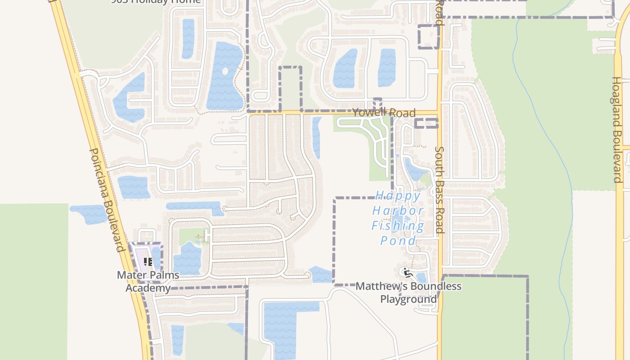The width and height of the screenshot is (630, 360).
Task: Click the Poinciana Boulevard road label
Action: (107, 200)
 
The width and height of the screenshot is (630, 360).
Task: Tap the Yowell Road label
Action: (383, 112)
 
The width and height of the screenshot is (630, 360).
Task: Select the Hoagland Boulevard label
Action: (616, 130)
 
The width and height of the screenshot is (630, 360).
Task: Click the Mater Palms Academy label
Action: (148, 281)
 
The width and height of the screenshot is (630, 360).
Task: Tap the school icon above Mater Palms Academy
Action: (148, 262)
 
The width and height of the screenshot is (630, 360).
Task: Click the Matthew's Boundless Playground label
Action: (409, 292)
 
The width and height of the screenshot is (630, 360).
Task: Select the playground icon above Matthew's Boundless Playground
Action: (408, 273)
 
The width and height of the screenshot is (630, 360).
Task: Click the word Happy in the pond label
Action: (398, 196)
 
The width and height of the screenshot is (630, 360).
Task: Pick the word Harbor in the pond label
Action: (398, 211)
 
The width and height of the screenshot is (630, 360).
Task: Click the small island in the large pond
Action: (225, 71)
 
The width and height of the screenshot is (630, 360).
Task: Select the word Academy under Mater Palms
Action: (148, 288)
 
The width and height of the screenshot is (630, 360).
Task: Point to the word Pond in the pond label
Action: (398, 241)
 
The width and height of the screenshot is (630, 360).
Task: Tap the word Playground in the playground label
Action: (409, 299)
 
